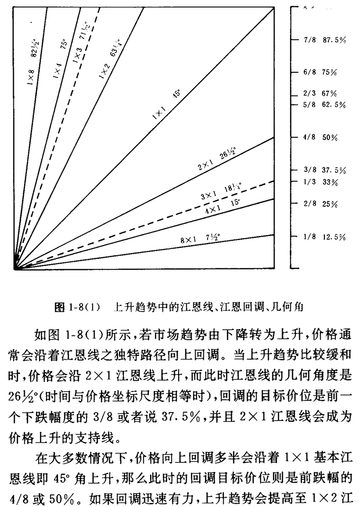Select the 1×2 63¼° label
109,58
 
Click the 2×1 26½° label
217,160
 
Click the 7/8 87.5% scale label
324,40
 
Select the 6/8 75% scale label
320,72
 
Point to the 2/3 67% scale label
320,93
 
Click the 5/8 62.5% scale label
324,105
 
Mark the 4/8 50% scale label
320,137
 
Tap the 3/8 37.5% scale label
324,170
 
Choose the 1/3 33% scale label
320,182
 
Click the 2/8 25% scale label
320,204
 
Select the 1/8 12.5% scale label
324,237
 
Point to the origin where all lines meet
15,269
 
